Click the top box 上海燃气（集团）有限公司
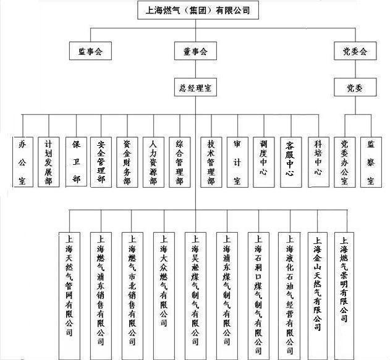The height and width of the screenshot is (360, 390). click(x=197, y=10)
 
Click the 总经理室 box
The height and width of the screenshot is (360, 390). click(x=195, y=87)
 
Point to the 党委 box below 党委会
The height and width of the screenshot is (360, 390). click(x=354, y=87)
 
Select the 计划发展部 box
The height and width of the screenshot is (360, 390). click(x=49, y=161)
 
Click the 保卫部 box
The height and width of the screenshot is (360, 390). click(x=76, y=161)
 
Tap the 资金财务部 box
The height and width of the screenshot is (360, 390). click(x=127, y=161)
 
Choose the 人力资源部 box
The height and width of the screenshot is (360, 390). click(x=153, y=161)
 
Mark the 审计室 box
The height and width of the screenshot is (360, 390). click(x=236, y=161)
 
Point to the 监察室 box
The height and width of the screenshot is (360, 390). click(x=371, y=161)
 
